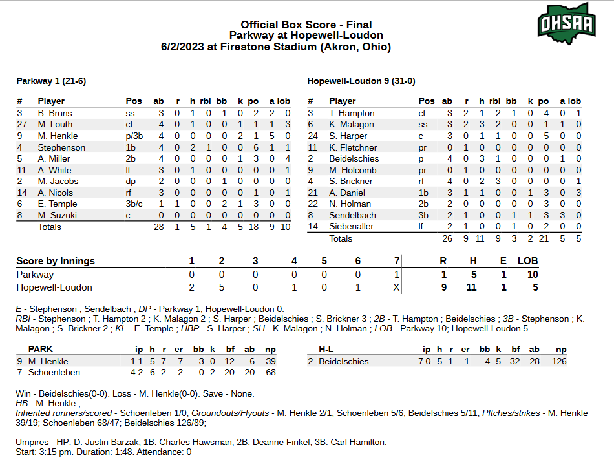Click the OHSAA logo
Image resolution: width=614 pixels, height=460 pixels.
(566, 22)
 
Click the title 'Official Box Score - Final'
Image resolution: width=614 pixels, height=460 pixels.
(306, 25)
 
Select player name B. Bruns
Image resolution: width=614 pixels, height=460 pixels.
(55, 113)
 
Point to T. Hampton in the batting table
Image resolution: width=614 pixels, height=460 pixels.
(352, 113)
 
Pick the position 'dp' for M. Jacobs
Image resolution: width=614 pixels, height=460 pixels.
(131, 182)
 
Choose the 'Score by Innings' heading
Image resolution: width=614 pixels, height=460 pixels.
(56, 261)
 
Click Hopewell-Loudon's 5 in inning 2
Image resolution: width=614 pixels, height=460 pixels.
(221, 287)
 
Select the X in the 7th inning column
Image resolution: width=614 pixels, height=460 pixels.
(396, 287)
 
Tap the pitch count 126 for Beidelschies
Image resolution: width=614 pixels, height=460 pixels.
(559, 361)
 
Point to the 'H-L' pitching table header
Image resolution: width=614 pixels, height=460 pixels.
(326, 349)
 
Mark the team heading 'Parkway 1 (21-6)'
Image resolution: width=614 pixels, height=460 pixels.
(50, 81)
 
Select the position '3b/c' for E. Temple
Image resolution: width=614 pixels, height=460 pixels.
(136, 204)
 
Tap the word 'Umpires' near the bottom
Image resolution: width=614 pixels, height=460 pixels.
(33, 443)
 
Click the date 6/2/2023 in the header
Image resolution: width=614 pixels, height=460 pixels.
(188, 47)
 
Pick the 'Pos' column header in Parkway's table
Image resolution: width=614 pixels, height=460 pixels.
(134, 101)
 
